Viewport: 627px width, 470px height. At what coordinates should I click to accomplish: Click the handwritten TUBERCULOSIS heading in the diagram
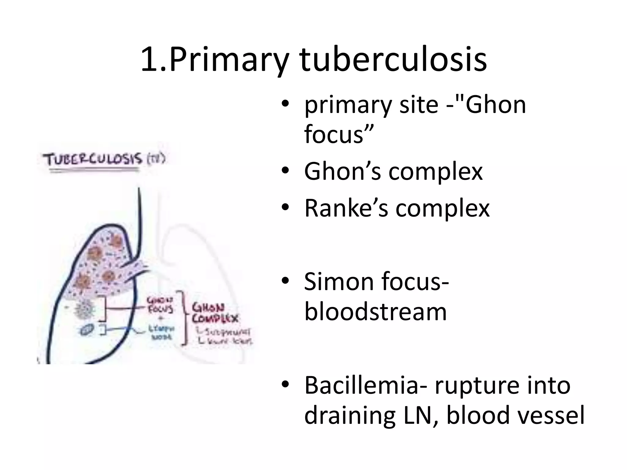tap(94, 160)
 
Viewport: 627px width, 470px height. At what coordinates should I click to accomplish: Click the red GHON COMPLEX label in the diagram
tap(215, 313)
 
